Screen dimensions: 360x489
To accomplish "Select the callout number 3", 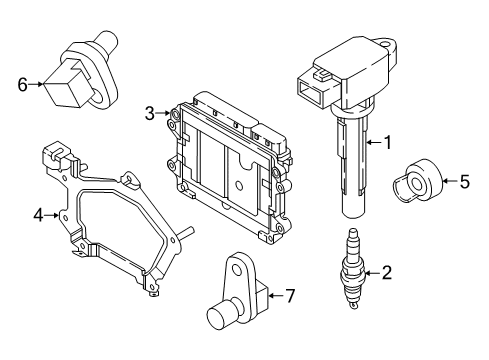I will coord(149,114).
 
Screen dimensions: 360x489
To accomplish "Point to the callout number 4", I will coord(38,214).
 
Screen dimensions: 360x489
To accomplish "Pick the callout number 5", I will coord(463,181).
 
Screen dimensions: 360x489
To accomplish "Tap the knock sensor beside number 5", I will coord(417,181).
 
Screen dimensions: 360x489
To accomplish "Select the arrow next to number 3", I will coord(163,114).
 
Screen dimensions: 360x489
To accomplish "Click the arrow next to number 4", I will coord(52,214).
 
